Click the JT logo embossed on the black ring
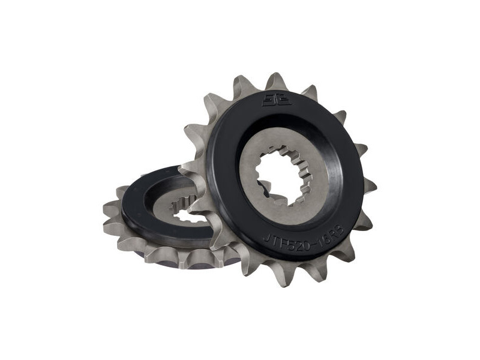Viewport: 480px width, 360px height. click(x=276, y=100)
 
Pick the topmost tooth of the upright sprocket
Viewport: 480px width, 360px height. click(x=276, y=80)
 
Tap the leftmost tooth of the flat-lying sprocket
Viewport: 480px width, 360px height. click(x=110, y=210)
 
